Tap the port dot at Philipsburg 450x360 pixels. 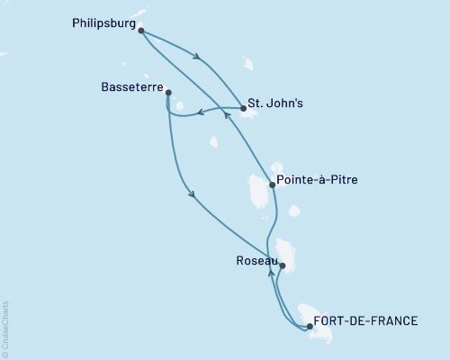point(141,30)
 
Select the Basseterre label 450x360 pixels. point(131,88)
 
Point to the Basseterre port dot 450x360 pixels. point(168,92)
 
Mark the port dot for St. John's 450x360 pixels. point(244,109)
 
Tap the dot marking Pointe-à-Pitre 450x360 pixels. point(273,185)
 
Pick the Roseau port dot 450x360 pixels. point(283,265)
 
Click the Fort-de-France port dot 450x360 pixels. point(310,327)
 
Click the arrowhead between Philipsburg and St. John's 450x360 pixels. point(198,59)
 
